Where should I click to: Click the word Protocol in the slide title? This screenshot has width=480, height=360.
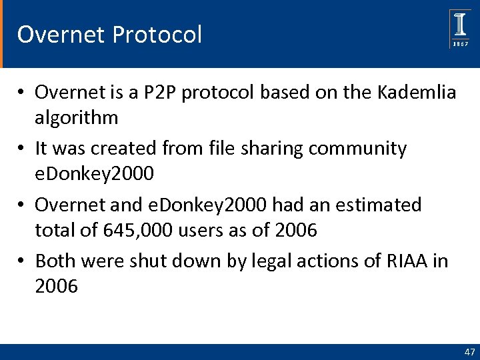click(157, 34)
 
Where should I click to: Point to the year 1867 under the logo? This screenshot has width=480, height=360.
click(460, 43)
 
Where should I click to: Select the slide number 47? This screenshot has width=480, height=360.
click(469, 351)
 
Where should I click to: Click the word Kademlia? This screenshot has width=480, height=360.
click(417, 92)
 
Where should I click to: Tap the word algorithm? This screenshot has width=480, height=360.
click(77, 118)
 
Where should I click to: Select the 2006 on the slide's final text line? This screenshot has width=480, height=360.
click(57, 287)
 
